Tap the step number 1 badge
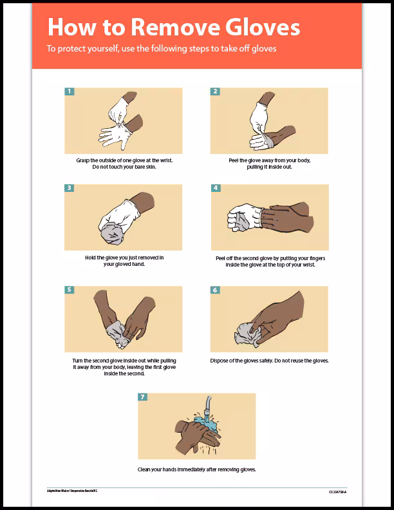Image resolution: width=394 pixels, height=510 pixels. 70,91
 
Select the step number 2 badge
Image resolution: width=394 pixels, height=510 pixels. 215,91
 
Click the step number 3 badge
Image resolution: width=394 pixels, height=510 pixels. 70,188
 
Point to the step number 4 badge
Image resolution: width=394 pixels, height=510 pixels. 216,188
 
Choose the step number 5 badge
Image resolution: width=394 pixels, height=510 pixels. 70,290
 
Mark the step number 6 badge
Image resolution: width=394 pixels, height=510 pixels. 215,290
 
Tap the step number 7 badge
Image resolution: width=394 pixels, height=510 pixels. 143,396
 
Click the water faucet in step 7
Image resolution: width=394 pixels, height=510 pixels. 208,406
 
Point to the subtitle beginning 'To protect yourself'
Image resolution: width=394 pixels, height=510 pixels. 161,49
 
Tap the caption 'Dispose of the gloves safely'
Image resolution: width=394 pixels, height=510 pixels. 269,361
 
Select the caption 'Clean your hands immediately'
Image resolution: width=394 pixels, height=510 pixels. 196,469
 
